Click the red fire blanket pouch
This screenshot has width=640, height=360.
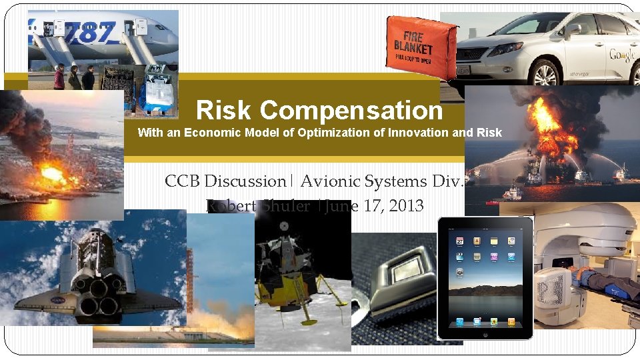pos(421,43)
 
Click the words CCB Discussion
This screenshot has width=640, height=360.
pos(225,181)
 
